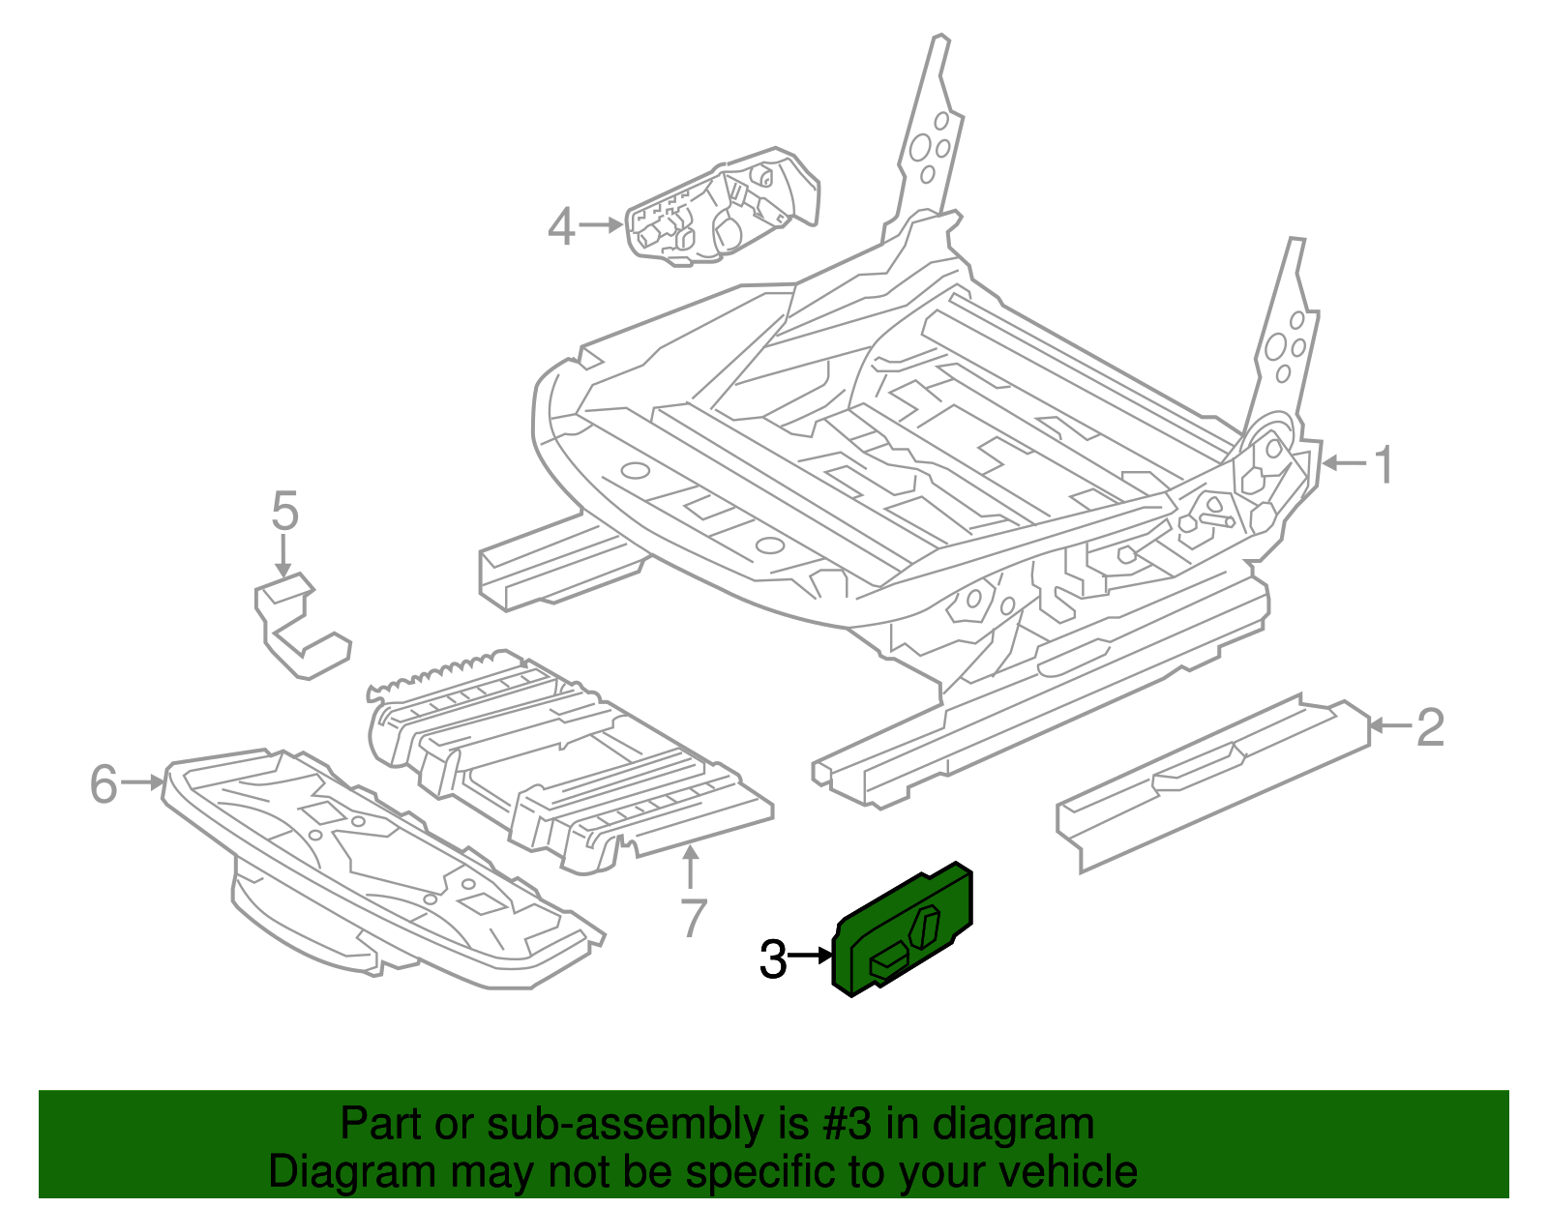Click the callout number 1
pos(1384,465)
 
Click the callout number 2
pos(1430,727)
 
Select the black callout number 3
pos(773,959)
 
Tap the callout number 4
pos(561,227)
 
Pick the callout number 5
pos(284,511)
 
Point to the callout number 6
pos(104,783)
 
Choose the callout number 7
pos(693,918)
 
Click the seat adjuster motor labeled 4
pos(721,208)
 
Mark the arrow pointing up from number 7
pos(690,867)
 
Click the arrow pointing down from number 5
pos(283,559)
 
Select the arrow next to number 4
pos(601,225)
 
